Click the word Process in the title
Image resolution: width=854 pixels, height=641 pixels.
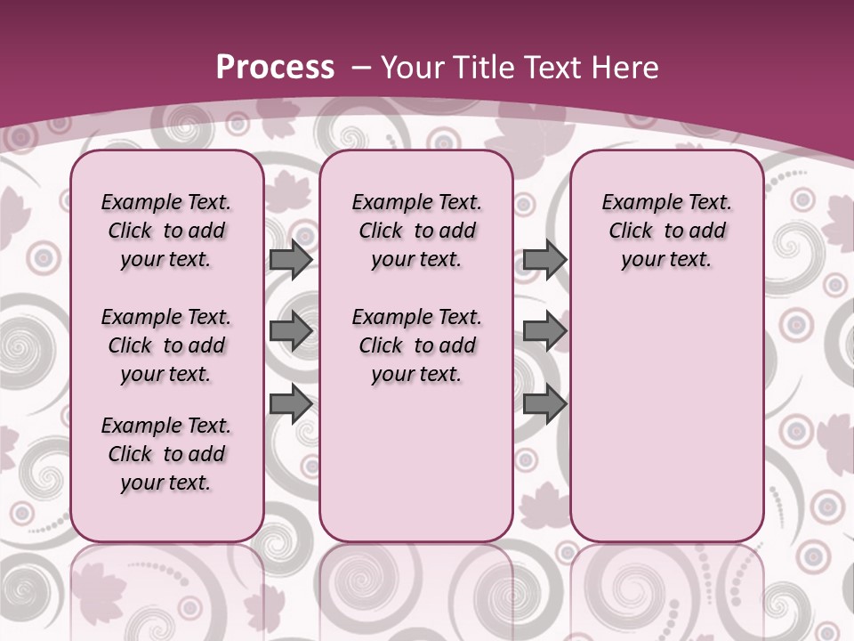point(275,68)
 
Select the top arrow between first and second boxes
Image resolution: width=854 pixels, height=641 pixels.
point(291,260)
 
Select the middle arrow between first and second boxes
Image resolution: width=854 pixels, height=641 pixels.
point(291,331)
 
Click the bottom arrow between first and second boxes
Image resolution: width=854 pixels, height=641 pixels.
point(291,403)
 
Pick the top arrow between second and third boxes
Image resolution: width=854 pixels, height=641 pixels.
point(544,260)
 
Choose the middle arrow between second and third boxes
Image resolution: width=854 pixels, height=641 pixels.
point(544,331)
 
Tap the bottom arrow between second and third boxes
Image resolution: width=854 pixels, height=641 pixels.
point(544,403)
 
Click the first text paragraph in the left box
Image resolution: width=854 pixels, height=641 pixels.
point(166,231)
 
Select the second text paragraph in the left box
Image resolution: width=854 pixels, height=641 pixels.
point(166,345)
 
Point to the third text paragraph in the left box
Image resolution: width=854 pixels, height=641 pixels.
point(166,454)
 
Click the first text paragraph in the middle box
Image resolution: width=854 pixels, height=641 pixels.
point(416,231)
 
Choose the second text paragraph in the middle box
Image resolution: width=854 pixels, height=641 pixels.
point(416,345)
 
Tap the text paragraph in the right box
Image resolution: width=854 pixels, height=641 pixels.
point(666,231)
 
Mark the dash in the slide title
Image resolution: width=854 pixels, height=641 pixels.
point(361,68)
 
